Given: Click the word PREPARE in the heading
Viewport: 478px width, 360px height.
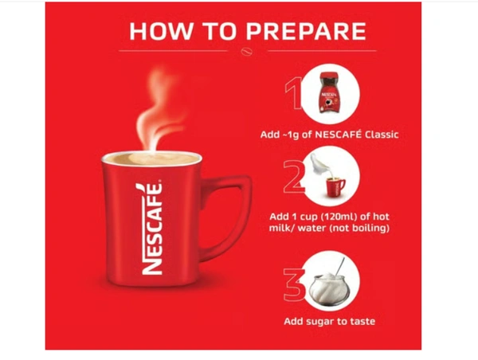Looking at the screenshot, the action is [x=306, y=31].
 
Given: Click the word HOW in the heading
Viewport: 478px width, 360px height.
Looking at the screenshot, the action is [x=161, y=31].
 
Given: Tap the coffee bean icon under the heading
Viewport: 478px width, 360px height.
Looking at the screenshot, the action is [x=247, y=52].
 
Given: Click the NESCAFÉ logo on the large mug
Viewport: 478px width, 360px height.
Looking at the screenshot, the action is [x=151, y=229].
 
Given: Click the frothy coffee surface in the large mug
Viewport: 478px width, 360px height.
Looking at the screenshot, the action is [x=151, y=158].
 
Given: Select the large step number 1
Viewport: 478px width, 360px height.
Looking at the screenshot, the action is [x=293, y=93].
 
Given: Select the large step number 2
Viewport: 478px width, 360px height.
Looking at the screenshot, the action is [x=294, y=177].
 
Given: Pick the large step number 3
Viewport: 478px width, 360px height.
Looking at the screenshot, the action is [x=294, y=284].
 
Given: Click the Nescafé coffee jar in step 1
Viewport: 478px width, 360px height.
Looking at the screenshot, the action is [x=328, y=92].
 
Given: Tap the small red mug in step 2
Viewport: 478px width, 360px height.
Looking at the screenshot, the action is [x=335, y=187].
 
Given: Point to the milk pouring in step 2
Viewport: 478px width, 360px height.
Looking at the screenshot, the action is [x=319, y=166].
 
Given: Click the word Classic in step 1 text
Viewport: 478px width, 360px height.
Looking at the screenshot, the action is [x=382, y=135].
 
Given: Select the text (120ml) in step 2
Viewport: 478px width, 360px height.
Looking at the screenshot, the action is [x=335, y=217].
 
